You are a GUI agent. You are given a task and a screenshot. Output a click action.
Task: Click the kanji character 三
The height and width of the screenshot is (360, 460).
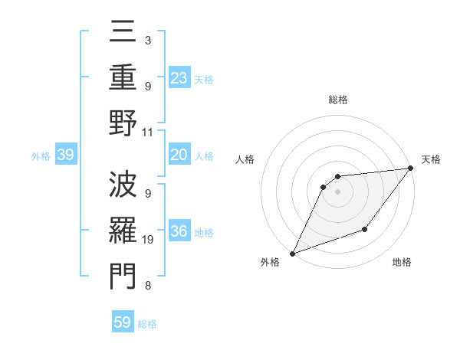click(x=123, y=35)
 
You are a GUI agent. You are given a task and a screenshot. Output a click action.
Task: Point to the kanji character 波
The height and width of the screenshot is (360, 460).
click(x=123, y=184)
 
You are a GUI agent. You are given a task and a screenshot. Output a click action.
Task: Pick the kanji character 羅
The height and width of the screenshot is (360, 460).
click(x=123, y=230)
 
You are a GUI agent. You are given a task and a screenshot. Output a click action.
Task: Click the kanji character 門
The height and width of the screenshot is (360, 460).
click(x=123, y=274)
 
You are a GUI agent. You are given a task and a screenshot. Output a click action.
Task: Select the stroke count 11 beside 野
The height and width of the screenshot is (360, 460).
click(x=148, y=132)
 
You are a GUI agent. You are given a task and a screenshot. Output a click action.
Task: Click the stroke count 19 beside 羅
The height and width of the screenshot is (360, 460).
click(x=148, y=240)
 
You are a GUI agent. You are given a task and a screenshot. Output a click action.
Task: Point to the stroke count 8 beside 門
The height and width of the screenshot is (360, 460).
click(x=148, y=286)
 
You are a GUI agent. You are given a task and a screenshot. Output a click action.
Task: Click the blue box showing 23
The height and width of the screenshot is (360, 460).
click(x=179, y=78)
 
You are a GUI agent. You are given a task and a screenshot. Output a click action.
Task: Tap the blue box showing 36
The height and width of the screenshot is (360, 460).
click(x=179, y=232)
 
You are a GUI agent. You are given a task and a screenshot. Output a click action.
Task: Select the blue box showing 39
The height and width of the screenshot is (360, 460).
click(x=65, y=155)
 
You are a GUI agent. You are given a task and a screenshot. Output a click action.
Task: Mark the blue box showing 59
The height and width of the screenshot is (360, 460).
click(x=123, y=322)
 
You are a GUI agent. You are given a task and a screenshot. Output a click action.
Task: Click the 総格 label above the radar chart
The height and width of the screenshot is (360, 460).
click(x=337, y=100)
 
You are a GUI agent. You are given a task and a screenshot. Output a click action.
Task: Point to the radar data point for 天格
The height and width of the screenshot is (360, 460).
click(x=412, y=169)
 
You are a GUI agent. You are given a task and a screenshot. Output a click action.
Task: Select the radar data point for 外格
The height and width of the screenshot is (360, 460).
click(x=292, y=253)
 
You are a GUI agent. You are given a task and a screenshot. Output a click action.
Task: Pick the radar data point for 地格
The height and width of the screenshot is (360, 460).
click(x=365, y=229)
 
